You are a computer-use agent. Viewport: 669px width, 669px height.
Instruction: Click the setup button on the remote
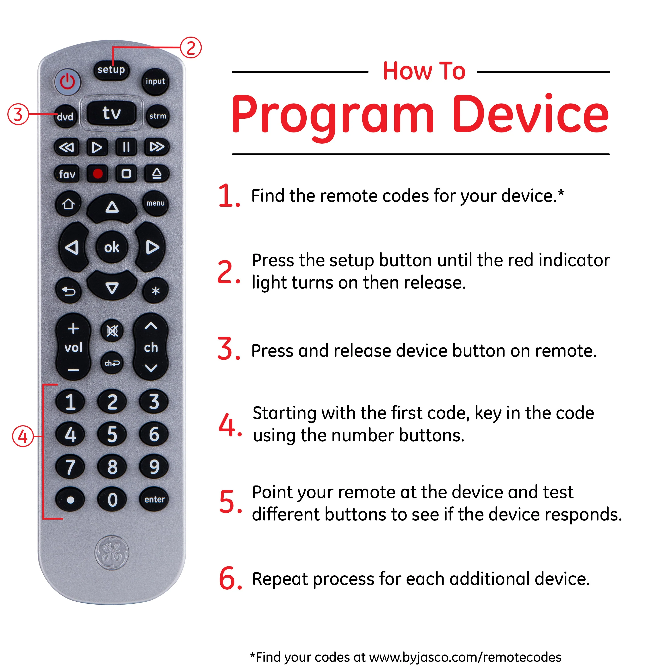click(111, 70)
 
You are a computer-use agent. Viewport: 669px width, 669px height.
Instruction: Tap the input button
click(155, 82)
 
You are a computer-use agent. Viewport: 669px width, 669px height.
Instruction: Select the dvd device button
click(65, 117)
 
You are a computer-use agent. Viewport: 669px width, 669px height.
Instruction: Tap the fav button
click(67, 174)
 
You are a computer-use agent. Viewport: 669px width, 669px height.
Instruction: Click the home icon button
click(68, 204)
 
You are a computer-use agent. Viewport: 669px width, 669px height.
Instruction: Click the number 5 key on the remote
click(112, 434)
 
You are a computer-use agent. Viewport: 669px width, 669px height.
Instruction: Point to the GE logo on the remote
click(111, 553)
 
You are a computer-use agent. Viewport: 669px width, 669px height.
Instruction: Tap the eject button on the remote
click(157, 173)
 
